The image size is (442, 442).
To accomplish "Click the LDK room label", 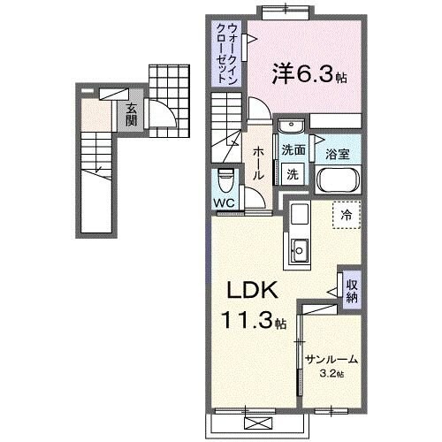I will click(255, 292).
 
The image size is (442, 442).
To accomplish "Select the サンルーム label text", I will click(331, 359).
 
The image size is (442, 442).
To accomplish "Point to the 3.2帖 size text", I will click(332, 373).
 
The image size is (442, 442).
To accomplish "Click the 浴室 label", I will click(337, 152).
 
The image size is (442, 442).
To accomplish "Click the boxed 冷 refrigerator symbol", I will click(347, 213).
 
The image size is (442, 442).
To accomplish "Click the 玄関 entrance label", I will click(131, 114).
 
